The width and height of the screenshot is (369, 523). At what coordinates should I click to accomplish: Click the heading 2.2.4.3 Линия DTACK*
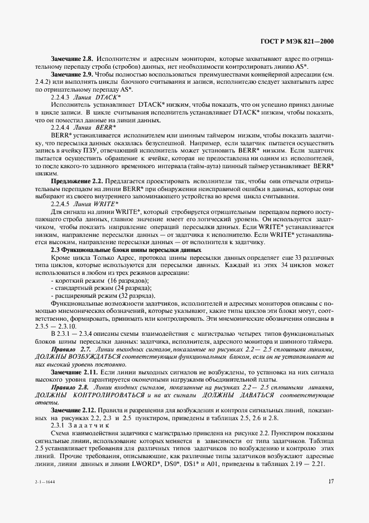(x=86, y=97)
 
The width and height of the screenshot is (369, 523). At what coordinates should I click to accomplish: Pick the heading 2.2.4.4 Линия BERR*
(x=84, y=127)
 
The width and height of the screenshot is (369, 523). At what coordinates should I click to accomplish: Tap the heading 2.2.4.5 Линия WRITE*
(x=85, y=204)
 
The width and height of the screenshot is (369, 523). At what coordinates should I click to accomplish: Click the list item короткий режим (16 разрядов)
(x=100, y=280)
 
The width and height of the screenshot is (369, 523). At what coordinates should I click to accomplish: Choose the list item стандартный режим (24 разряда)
(x=101, y=288)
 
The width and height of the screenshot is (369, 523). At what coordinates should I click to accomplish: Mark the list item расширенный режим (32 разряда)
(x=103, y=296)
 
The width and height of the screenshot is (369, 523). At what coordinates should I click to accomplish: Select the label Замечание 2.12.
(x=74, y=410)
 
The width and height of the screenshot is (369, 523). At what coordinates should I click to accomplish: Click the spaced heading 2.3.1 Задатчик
(x=81, y=426)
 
